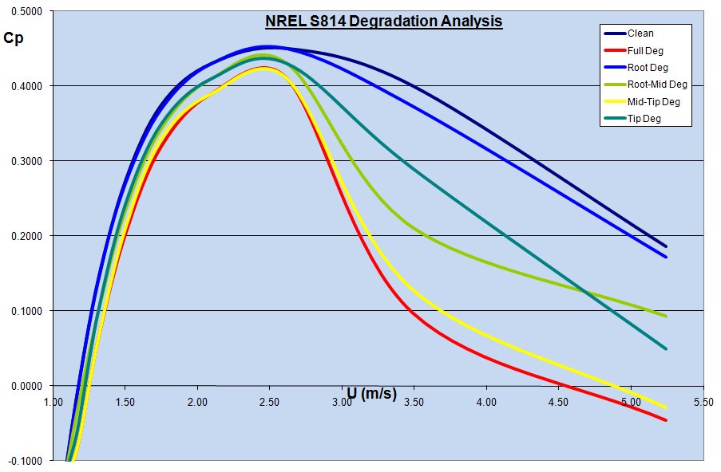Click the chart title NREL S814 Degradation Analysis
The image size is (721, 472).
(x=384, y=22)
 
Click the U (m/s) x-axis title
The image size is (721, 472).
(x=371, y=393)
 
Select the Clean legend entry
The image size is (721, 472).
(x=640, y=33)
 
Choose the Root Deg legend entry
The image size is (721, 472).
(x=646, y=67)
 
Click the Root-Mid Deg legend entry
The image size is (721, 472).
(x=657, y=84)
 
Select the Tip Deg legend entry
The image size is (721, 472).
(x=644, y=118)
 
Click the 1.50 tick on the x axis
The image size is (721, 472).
(x=125, y=403)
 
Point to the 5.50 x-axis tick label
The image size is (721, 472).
(x=703, y=403)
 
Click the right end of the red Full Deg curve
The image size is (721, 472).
(x=666, y=420)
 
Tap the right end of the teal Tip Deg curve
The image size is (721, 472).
(x=666, y=349)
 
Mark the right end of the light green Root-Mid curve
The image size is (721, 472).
(x=666, y=316)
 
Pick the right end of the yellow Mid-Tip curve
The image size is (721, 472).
(x=666, y=407)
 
